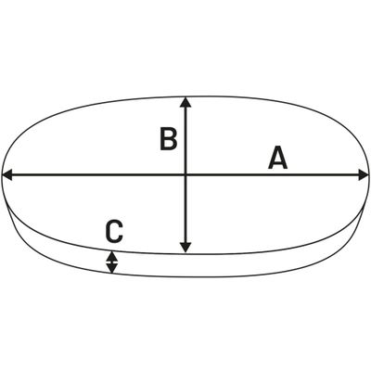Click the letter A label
(x=278, y=158)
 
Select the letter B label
(x=169, y=139)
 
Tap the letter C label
(x=114, y=231)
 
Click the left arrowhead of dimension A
(x=6, y=175)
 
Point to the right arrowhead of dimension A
(x=364, y=175)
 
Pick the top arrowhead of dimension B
(x=185, y=102)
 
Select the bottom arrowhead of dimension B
(x=185, y=248)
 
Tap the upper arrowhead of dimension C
(x=112, y=256)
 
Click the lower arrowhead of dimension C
(x=112, y=268)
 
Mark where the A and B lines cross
(x=185, y=175)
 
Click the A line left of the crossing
(x=94, y=175)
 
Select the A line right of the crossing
(x=277, y=175)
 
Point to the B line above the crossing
(x=185, y=136)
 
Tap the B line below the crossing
(x=185, y=214)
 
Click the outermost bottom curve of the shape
(x=185, y=276)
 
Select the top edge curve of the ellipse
(x=185, y=96)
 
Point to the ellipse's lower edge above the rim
(x=185, y=254)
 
